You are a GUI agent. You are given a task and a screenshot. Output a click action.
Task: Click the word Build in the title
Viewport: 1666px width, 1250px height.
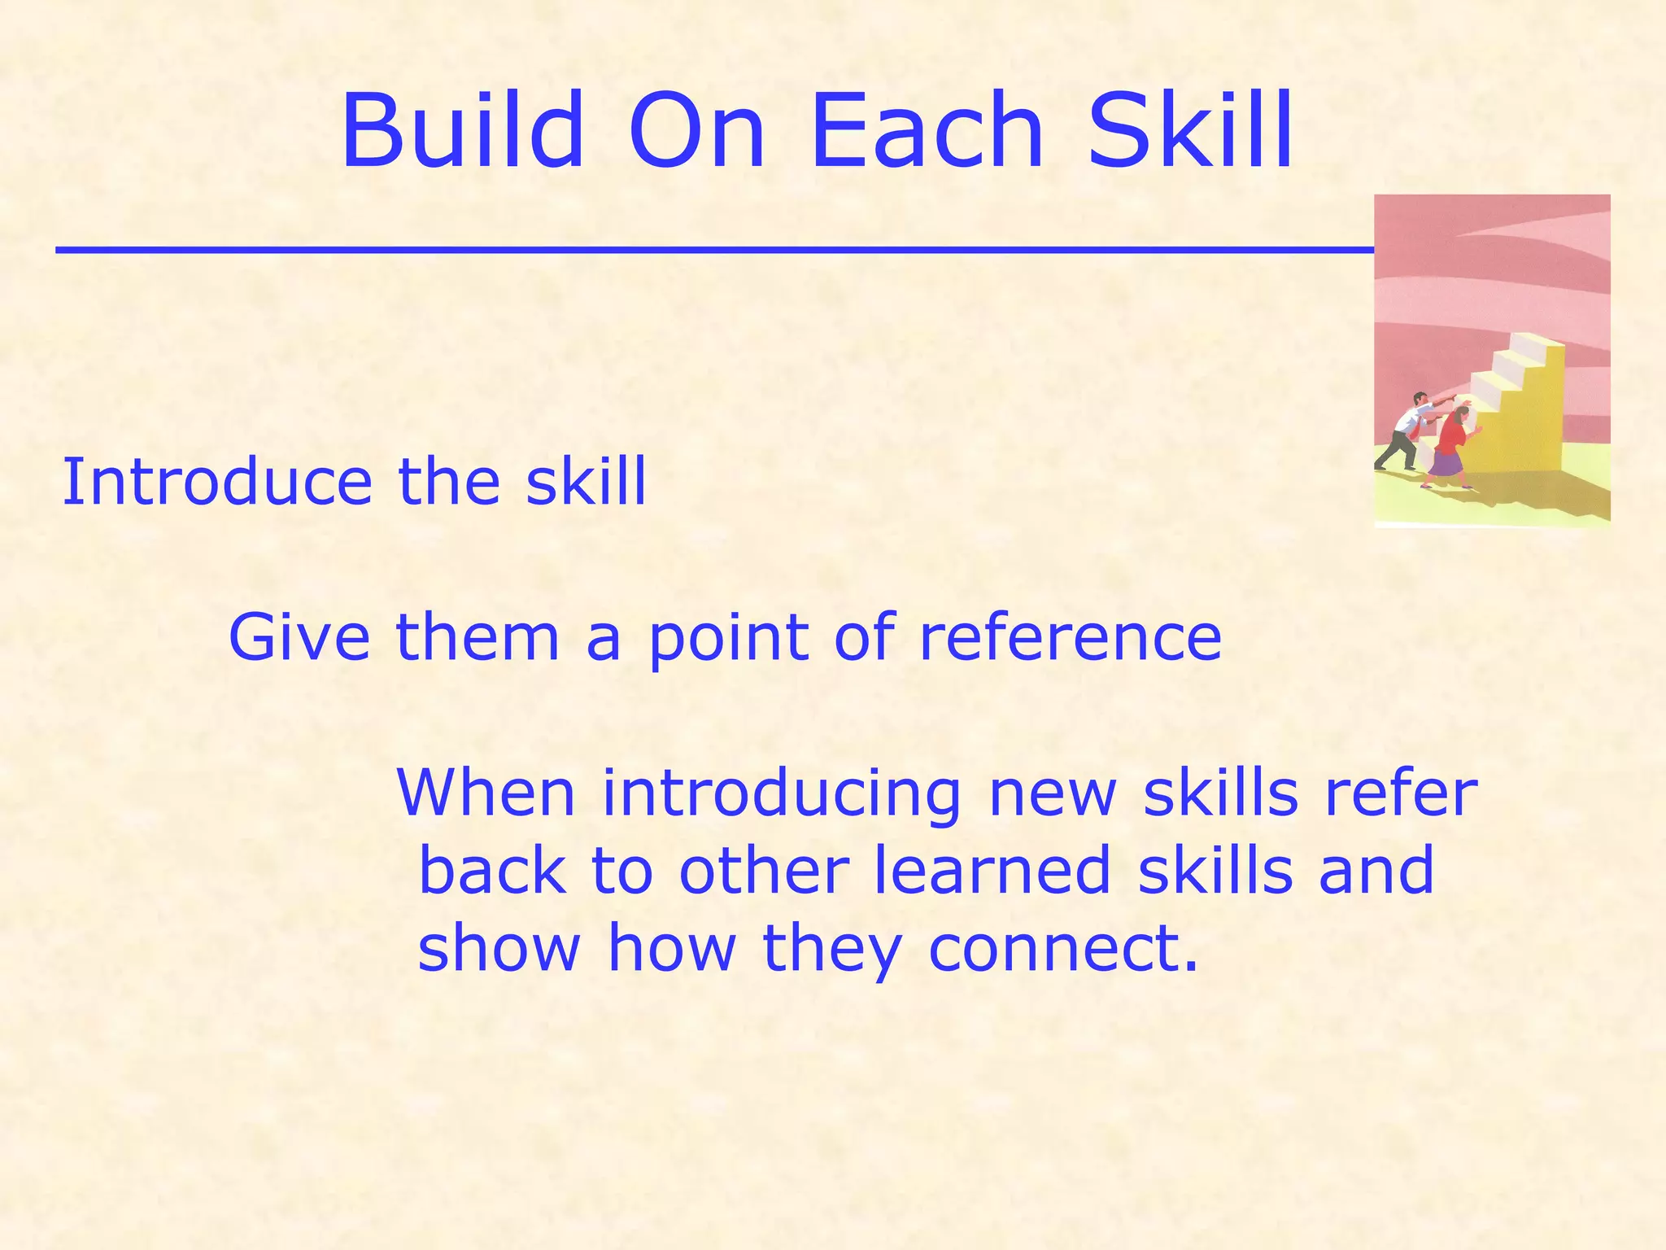(462, 132)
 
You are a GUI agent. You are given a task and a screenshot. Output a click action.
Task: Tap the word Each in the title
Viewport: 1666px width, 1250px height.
(927, 132)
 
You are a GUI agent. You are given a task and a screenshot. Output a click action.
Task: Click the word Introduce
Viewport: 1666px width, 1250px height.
(216, 482)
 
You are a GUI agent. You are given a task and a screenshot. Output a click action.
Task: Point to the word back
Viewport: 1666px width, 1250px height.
(491, 870)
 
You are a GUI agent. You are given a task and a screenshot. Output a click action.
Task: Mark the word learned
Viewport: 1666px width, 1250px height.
(992, 870)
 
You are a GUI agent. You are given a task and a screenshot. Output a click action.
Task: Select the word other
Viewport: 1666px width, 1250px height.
(764, 870)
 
